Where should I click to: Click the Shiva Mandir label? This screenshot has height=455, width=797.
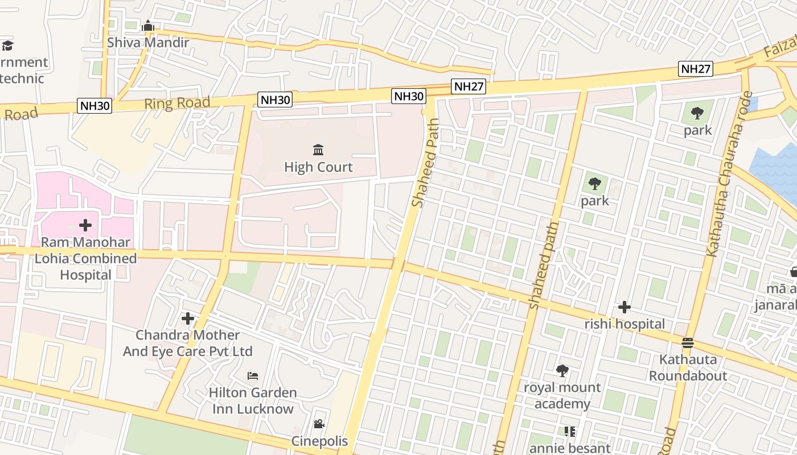point(147,42)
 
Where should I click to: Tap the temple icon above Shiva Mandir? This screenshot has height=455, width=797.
point(148,26)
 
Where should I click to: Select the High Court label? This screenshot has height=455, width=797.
point(318,167)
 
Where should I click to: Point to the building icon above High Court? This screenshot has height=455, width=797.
point(318,150)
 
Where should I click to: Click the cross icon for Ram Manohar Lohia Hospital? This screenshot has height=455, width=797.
point(85,225)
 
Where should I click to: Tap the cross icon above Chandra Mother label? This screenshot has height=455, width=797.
point(188,318)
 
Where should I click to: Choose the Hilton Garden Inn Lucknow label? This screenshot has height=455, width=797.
point(253,400)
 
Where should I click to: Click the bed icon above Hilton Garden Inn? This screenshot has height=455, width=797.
point(253,376)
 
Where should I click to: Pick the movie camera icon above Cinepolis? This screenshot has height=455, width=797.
point(319,424)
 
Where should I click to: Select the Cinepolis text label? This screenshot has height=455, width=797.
point(319,441)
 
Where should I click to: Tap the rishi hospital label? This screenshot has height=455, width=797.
point(625,324)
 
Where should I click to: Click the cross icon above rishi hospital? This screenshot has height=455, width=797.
point(625,308)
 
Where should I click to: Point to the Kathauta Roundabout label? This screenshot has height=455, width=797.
point(688,367)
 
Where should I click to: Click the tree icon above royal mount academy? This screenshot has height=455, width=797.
point(562,371)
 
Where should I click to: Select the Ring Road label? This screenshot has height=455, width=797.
point(177,104)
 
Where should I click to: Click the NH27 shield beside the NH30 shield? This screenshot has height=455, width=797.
point(469,86)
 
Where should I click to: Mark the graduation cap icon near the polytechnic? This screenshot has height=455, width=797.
point(7,45)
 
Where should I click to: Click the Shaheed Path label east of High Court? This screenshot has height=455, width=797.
point(426,163)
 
